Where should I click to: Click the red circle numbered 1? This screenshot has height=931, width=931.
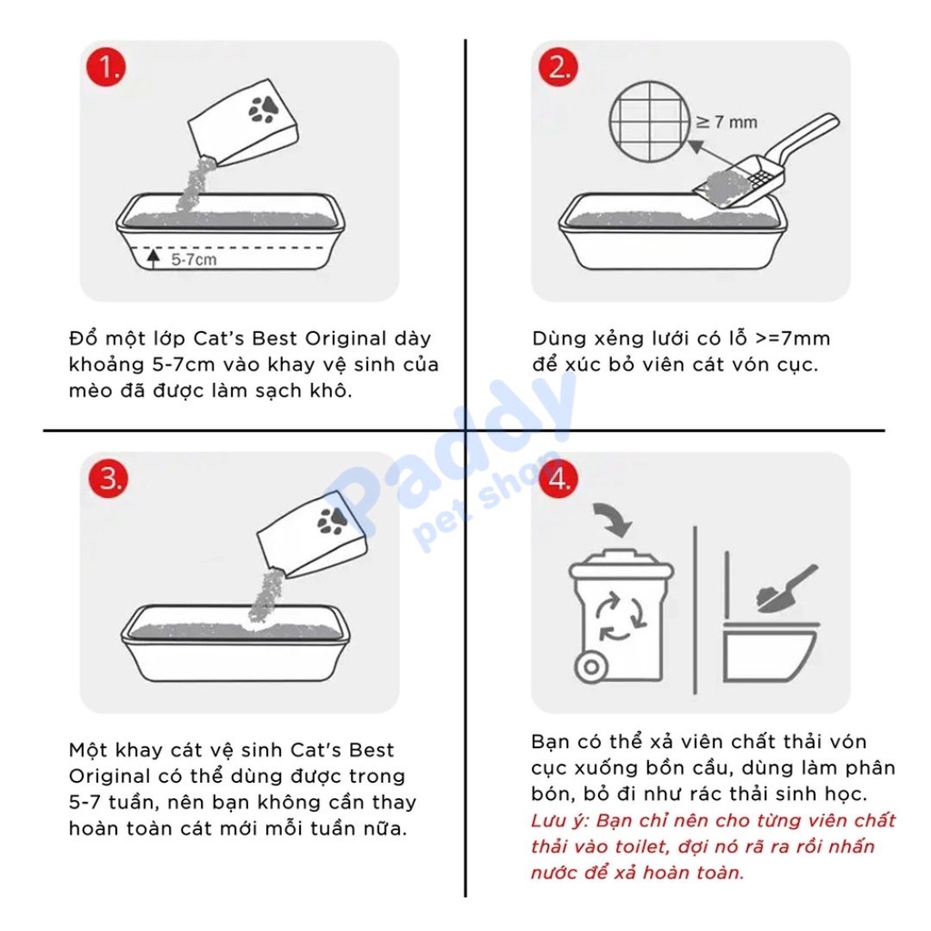[106, 66]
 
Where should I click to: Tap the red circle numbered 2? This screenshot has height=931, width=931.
[558, 66]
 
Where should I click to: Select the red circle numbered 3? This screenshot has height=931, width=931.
[109, 478]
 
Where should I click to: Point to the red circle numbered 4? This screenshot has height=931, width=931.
[558, 478]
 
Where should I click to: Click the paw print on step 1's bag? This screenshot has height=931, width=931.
[264, 109]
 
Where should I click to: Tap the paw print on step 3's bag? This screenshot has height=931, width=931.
[333, 521]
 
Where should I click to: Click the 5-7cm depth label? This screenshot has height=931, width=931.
[194, 259]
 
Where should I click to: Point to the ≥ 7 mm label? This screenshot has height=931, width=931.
[726, 123]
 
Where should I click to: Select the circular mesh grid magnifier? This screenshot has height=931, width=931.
[649, 122]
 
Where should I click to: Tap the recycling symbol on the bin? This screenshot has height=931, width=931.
[620, 618]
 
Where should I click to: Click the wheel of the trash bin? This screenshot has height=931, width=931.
[591, 666]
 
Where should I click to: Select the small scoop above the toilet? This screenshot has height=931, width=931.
[786, 589]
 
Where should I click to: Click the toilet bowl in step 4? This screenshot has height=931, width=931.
[769, 652]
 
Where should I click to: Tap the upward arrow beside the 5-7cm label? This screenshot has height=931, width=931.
[154, 259]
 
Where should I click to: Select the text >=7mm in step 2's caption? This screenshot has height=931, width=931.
[793, 338]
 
